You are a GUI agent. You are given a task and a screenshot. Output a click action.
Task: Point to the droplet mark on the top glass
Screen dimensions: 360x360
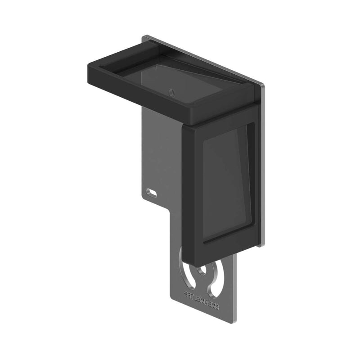coord(171,91)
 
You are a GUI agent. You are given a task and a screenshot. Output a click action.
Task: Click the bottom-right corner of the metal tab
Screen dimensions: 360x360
coord(236,323)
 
